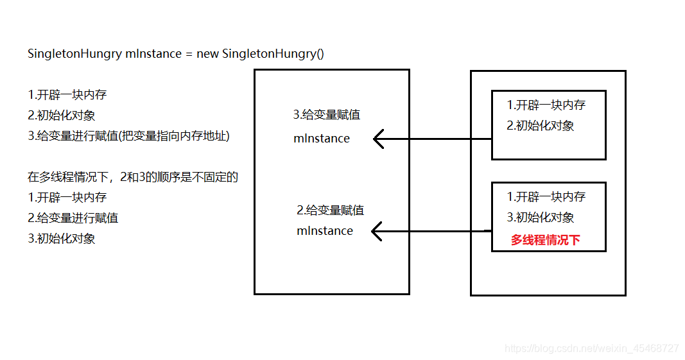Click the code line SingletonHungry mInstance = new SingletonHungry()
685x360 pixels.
click(x=176, y=54)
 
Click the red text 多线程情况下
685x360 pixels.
click(x=545, y=240)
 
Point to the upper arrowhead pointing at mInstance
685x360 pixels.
click(x=379, y=139)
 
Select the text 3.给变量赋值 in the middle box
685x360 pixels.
click(x=326, y=115)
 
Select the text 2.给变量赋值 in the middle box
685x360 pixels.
click(x=330, y=210)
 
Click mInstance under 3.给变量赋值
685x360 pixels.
click(x=322, y=139)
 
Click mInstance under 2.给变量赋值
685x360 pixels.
click(x=325, y=231)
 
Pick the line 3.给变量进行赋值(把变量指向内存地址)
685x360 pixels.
click(x=128, y=135)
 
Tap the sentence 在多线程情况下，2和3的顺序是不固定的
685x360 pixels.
click(x=133, y=176)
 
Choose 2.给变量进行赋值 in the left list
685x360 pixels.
click(x=73, y=218)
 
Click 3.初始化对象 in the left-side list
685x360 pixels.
click(x=62, y=238)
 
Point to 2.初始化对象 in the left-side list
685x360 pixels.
click(x=62, y=116)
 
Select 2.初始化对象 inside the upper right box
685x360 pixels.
click(x=540, y=126)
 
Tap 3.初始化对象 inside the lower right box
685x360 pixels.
click(x=540, y=218)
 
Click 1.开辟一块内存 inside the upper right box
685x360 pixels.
click(x=546, y=105)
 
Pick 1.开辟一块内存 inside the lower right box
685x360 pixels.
click(x=546, y=197)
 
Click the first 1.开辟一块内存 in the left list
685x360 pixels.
click(x=67, y=95)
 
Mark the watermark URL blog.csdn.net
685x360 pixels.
click(x=591, y=348)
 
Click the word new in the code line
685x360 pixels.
click(x=207, y=54)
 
